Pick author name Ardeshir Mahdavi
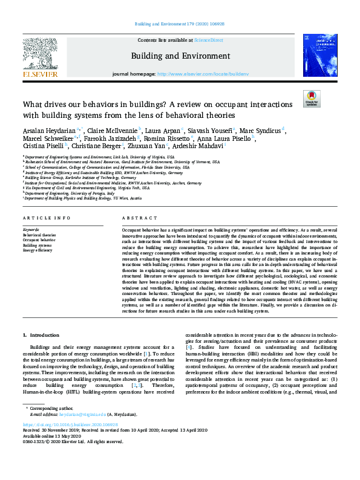click(200, 146)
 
